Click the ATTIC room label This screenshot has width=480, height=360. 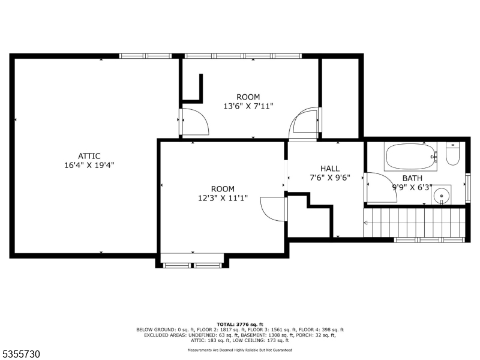click(89, 156)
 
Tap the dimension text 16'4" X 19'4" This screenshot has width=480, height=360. click(89, 166)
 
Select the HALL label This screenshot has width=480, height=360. click(329, 169)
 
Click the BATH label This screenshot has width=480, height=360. click(412, 178)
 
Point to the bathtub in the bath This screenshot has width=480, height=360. click(410, 157)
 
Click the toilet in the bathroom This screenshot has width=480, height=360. click(452, 154)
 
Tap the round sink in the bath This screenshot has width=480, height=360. click(441, 195)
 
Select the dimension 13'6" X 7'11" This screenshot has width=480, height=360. click(248, 106)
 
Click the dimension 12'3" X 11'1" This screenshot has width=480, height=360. click(223, 198)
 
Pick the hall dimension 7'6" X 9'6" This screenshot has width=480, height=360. click(329, 178)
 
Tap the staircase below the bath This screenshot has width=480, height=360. click(415, 222)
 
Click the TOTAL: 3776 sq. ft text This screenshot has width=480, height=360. click(239, 324)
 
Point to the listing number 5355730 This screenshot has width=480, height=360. click(20, 354)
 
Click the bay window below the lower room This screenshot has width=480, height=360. click(192, 265)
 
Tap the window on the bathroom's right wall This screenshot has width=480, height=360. click(468, 188)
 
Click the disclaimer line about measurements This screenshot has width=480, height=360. click(239, 350)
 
